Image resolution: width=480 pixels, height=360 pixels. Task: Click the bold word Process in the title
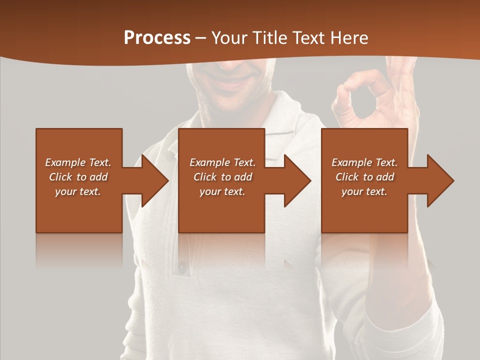tap(157, 38)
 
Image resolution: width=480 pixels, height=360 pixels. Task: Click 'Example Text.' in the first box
tap(78, 162)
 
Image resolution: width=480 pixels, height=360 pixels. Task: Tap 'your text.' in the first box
tap(78, 191)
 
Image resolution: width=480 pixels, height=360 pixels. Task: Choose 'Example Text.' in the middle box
tap(222, 162)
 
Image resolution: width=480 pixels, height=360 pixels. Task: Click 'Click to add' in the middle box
tap(222, 177)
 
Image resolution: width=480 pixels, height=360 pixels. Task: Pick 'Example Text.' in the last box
tap(364, 162)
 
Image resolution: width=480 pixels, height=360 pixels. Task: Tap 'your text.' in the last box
tap(364, 191)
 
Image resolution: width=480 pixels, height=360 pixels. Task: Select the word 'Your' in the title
tap(229, 38)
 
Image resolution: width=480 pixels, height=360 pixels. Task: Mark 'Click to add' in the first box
tap(78, 177)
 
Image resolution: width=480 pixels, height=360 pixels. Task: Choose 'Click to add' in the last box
tap(364, 177)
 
